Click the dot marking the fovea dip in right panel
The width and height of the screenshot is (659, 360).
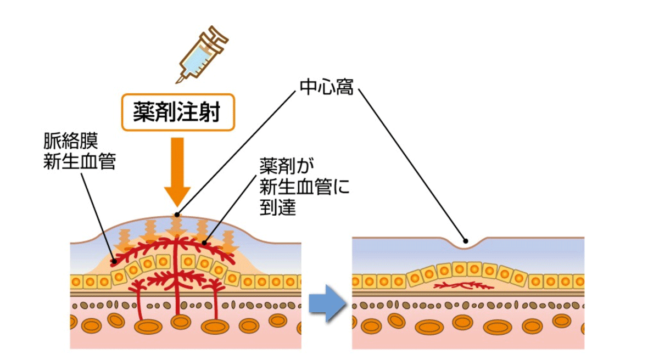[465, 240]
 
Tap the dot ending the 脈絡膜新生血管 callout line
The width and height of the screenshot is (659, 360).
[114, 261]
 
